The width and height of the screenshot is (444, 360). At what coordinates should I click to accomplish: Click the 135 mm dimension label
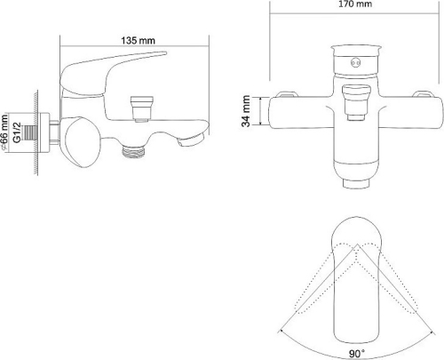point(134,39)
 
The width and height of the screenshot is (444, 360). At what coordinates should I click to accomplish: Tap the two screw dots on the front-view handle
point(355,61)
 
